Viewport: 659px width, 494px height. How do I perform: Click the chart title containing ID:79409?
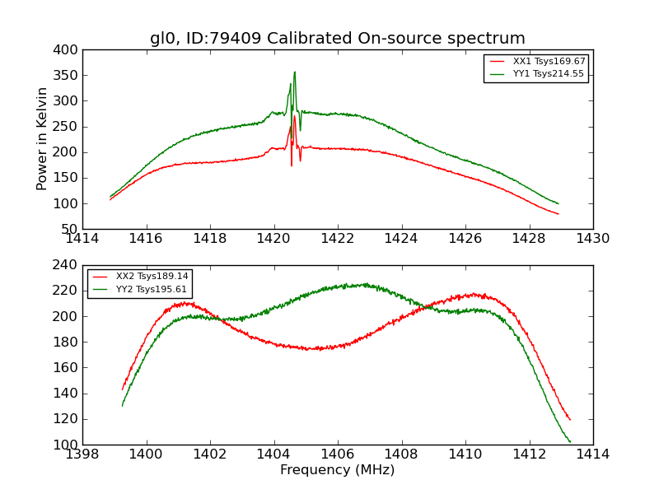[x=337, y=39]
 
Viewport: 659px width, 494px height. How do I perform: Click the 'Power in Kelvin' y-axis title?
[x=43, y=139]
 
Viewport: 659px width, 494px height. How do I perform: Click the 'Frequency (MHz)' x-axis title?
[x=337, y=470]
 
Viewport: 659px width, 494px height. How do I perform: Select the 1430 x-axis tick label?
[x=592, y=238]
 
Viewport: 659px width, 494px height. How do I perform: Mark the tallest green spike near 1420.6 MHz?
[x=294, y=72]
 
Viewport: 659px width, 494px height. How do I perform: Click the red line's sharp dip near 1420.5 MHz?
[x=291, y=165]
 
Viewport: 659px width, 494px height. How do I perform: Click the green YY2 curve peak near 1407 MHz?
[x=360, y=285]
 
